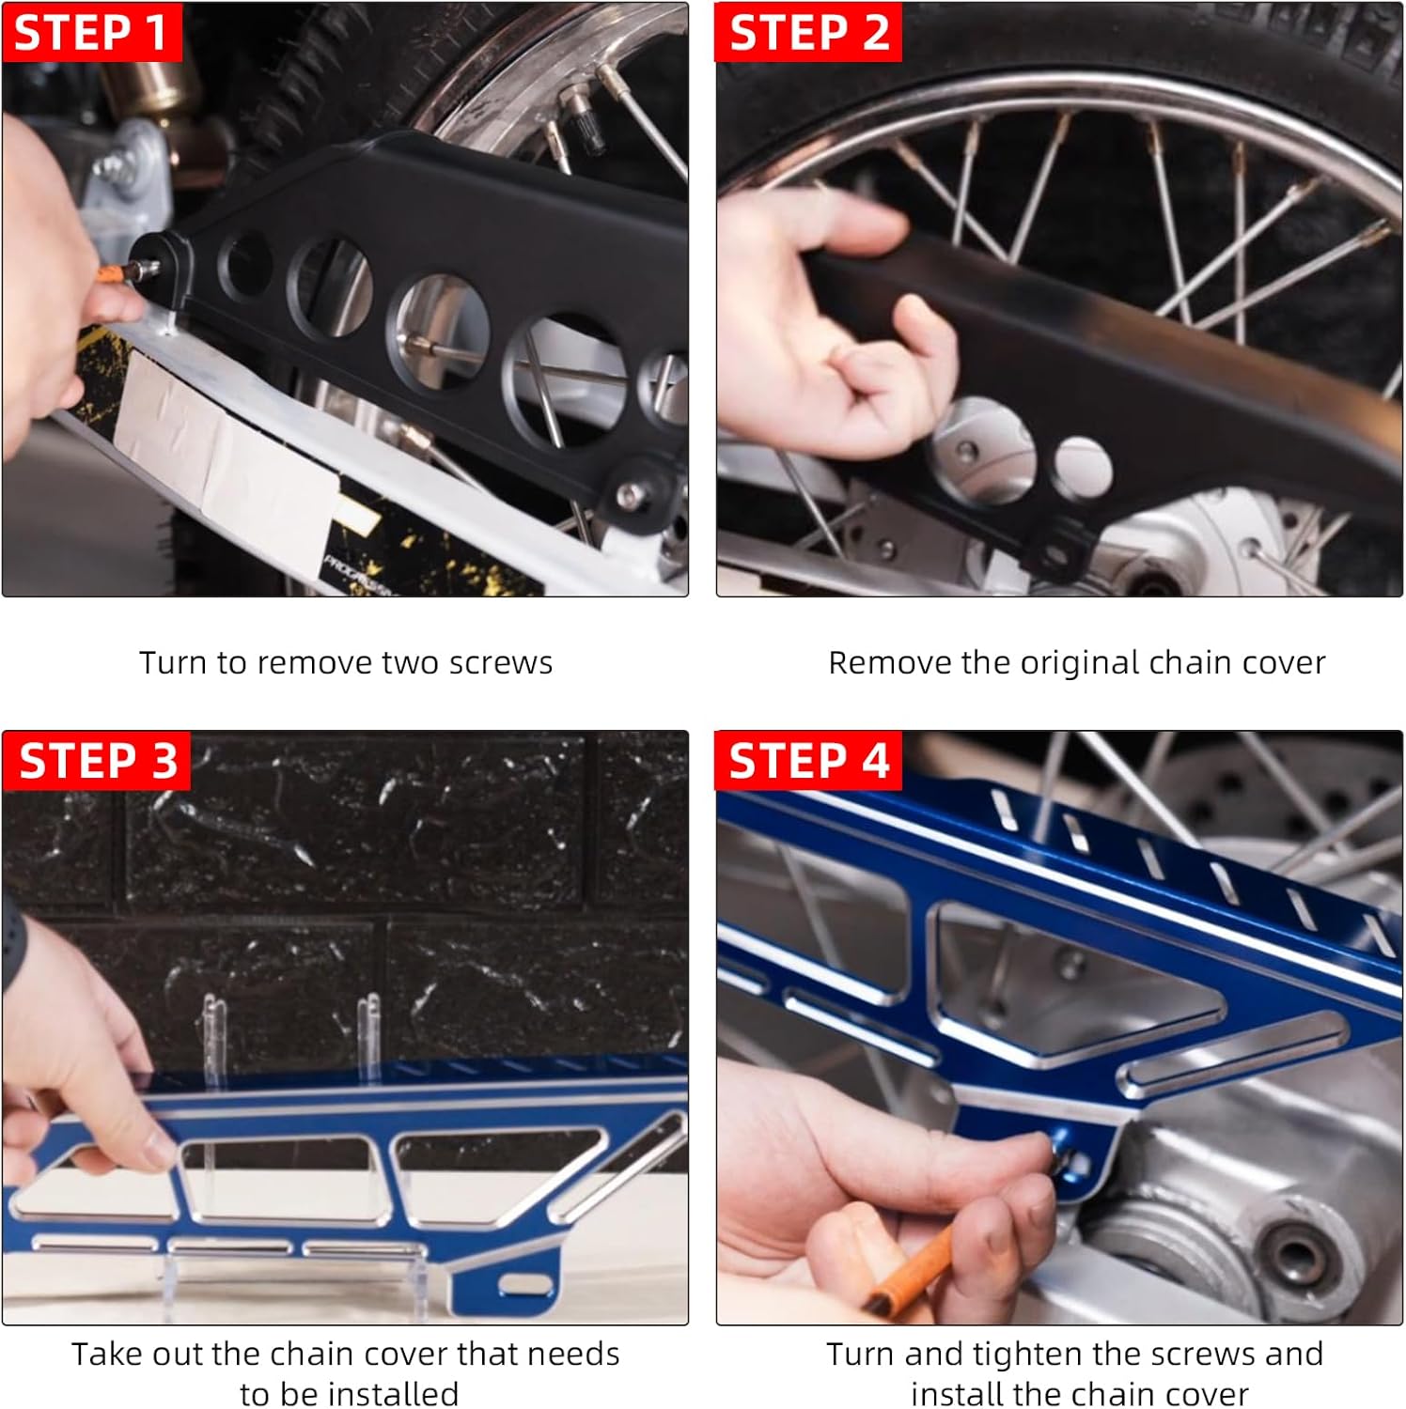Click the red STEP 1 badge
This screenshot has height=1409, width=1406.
coord(91,32)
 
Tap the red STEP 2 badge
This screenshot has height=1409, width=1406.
coord(808,32)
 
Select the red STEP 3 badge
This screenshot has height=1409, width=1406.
coord(97,760)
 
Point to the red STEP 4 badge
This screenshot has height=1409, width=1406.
coord(808,760)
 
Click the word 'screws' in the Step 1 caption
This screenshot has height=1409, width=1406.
coord(500,663)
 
